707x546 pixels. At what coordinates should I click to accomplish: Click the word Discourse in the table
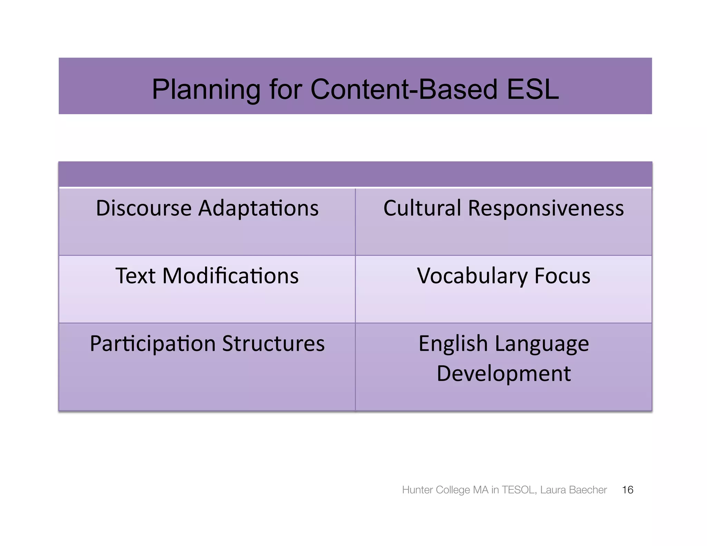pos(143,208)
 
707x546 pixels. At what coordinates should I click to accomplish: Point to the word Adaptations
pos(258,208)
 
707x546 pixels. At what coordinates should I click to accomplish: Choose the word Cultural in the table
pos(422,208)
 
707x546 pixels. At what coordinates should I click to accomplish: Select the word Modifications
pos(230,276)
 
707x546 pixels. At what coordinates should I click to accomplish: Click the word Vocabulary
pos(472,276)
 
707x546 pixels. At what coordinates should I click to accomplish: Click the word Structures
pos(273,343)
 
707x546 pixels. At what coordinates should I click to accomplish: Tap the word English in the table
pos(453,343)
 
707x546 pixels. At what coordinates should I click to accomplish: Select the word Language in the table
pos(542,343)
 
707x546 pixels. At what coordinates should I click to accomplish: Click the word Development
pos(504,373)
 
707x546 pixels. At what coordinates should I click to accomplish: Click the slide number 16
pos(627,490)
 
